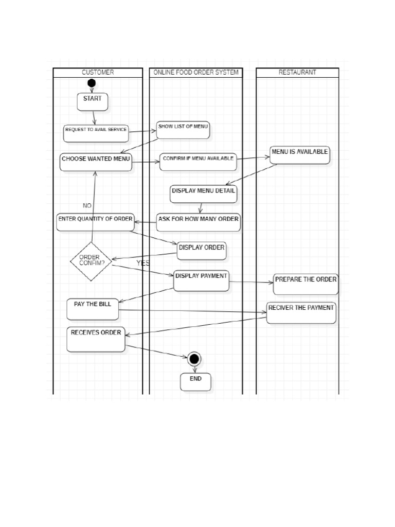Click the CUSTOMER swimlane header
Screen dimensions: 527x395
(x=98, y=73)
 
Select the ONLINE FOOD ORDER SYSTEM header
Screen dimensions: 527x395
(x=196, y=73)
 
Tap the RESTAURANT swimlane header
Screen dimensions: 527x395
(x=297, y=73)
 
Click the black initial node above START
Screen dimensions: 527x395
(x=92, y=83)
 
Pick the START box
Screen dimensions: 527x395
(x=93, y=102)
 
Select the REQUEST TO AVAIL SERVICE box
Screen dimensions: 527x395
(x=96, y=133)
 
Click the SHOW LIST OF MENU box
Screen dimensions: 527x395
(x=183, y=130)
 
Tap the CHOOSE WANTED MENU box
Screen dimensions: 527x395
(x=96, y=162)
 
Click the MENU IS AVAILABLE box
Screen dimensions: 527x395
(x=300, y=155)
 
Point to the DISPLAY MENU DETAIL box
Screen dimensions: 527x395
(x=204, y=194)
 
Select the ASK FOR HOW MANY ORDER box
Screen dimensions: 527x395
(x=199, y=222)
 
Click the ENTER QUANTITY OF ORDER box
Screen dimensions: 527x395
(x=95, y=222)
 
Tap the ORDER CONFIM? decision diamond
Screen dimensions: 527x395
(x=91, y=261)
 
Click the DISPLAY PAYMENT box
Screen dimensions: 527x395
(x=201, y=280)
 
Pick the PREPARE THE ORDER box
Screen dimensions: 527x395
(x=306, y=284)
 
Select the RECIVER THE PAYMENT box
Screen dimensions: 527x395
(x=301, y=313)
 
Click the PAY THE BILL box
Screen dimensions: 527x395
(x=93, y=309)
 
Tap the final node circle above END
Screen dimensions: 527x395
(x=194, y=359)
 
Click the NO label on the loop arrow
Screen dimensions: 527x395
(x=87, y=205)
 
